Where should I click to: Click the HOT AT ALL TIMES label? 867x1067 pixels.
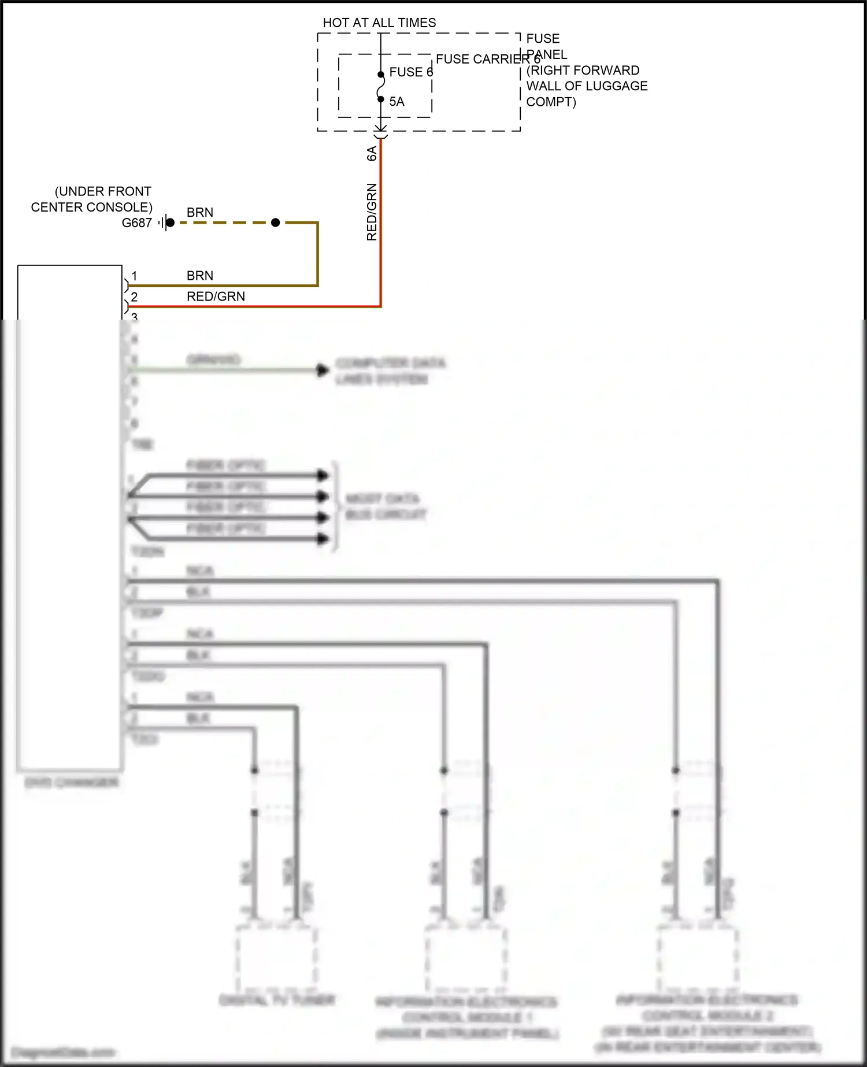pyautogui.click(x=379, y=23)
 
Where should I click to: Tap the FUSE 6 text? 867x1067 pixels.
pyautogui.click(x=411, y=72)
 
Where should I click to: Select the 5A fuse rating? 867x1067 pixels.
pyautogui.click(x=397, y=102)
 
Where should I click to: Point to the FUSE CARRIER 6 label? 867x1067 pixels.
pyautogui.click(x=488, y=59)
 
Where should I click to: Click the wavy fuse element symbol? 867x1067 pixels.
pyautogui.click(x=380, y=87)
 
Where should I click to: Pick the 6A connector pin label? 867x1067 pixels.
pyautogui.click(x=372, y=153)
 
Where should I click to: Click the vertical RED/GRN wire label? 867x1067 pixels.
pyautogui.click(x=372, y=212)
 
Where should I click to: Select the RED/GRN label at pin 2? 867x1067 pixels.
pyautogui.click(x=216, y=297)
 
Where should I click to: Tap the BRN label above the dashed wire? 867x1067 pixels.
pyautogui.click(x=200, y=213)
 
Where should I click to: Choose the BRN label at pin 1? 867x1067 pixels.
pyautogui.click(x=200, y=276)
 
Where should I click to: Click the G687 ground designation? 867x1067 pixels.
pyautogui.click(x=137, y=223)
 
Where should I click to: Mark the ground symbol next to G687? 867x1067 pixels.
pyautogui.click(x=167, y=223)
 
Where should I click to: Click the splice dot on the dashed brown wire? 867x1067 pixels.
pyautogui.click(x=276, y=223)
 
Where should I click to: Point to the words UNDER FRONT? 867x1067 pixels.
pyautogui.click(x=103, y=191)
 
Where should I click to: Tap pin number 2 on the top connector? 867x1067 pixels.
pyautogui.click(x=134, y=297)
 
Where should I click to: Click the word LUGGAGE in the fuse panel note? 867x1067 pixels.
pyautogui.click(x=618, y=86)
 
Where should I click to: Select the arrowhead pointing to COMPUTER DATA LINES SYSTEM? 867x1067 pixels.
pyautogui.click(x=323, y=371)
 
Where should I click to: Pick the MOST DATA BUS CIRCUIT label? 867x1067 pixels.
pyautogui.click(x=386, y=506)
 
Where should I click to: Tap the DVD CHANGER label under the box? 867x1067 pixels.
pyautogui.click(x=71, y=783)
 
